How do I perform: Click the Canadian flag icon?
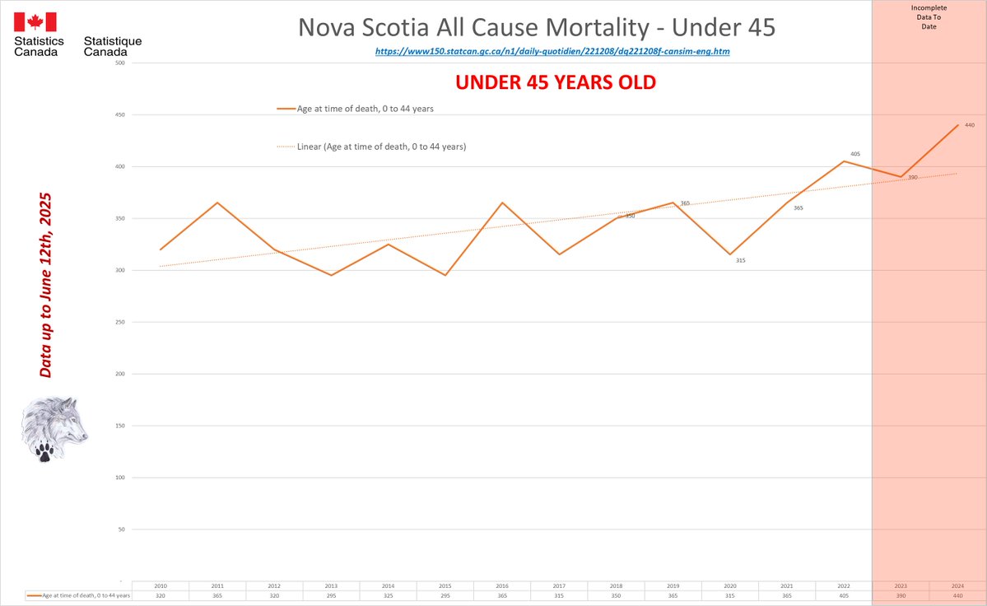pyautogui.click(x=35, y=22)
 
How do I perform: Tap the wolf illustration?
pyautogui.click(x=54, y=428)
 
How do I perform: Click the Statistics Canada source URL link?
pyautogui.click(x=552, y=51)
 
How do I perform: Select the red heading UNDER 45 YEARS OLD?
pyautogui.click(x=556, y=83)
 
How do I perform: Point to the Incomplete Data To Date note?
pyautogui.click(x=929, y=17)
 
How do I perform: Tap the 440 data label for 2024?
pyautogui.click(x=969, y=125)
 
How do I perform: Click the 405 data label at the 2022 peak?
pyautogui.click(x=855, y=154)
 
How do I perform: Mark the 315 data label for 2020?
pyautogui.click(x=740, y=260)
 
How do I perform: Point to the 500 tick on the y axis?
pyautogui.click(x=119, y=63)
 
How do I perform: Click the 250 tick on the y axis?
pyautogui.click(x=119, y=322)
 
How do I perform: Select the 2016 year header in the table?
pyautogui.click(x=502, y=585)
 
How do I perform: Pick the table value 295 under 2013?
pyautogui.click(x=331, y=595)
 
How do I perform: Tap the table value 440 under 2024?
pyautogui.click(x=957, y=595)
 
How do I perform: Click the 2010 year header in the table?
pyautogui.click(x=161, y=585)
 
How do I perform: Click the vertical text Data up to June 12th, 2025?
pyautogui.click(x=46, y=286)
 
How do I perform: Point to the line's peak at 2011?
pyautogui.click(x=217, y=203)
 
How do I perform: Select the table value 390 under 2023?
pyautogui.click(x=901, y=595)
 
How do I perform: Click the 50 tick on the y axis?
pyautogui.click(x=121, y=529)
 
